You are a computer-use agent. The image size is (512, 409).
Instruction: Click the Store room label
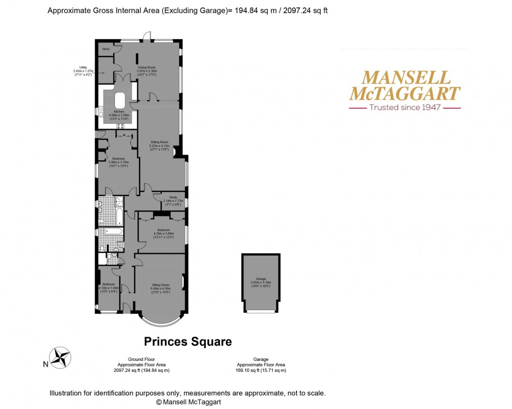click(106, 49)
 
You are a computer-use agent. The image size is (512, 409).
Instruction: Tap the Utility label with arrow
click(83, 71)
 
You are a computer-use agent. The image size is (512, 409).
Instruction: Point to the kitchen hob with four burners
click(120, 126)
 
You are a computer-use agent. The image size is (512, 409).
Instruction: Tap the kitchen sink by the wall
click(100, 111)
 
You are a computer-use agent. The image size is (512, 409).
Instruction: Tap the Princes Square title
click(188, 342)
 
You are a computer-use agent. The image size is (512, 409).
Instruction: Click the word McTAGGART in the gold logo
click(404, 94)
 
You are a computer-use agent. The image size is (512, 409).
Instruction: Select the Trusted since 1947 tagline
click(404, 107)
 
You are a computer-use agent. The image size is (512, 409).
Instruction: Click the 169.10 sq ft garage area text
click(261, 370)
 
